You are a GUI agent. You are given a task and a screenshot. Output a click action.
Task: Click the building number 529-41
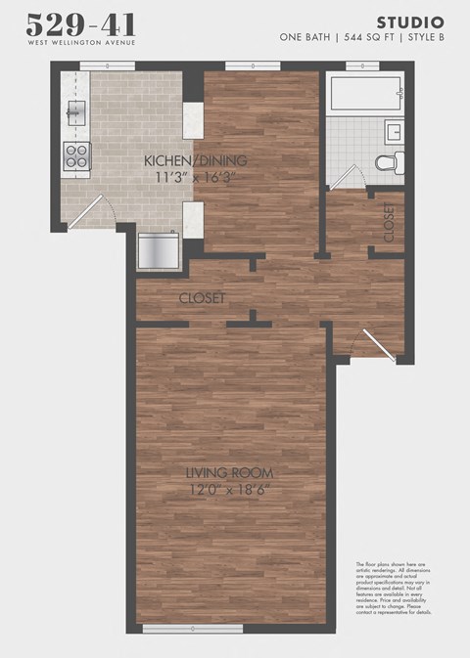pos(81,24)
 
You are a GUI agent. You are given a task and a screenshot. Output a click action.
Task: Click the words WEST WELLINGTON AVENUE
pos(81,43)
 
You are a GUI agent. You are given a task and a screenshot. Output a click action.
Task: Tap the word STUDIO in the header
pos(410,22)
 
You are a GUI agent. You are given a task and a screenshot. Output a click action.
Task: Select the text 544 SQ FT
pos(362,37)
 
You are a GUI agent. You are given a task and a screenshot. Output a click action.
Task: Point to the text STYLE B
pos(422,37)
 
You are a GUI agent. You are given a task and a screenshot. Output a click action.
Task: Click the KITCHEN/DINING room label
pos(195,160)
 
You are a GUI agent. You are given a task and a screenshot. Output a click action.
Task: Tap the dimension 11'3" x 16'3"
pos(195,176)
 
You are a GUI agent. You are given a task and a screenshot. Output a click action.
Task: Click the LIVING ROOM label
pos(230,474)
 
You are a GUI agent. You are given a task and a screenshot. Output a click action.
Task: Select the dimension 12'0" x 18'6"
pos(230,490)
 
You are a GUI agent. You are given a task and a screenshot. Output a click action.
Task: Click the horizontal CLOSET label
pos(203,297)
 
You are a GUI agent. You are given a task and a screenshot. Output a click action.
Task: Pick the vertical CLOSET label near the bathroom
pos(388,222)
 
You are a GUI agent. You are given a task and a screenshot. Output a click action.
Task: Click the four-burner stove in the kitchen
pos(77,154)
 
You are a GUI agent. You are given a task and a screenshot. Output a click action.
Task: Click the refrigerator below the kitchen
pos(159,250)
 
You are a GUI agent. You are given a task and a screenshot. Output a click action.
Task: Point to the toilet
pos(389,163)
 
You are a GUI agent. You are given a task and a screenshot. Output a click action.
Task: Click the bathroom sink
pos(395,131)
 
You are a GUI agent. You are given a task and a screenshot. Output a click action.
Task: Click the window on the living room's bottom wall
pos(192,629)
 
